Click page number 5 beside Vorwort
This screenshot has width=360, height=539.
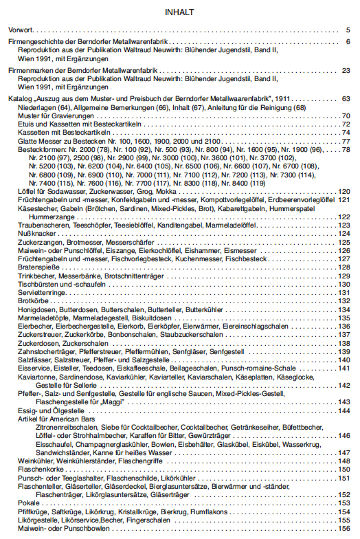tap(348, 30)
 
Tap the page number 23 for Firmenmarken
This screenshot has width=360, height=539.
tap(346, 71)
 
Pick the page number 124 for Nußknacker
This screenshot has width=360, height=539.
tap(344, 234)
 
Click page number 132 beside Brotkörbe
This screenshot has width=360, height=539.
tap(344, 300)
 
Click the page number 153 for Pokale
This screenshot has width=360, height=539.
tap(344, 503)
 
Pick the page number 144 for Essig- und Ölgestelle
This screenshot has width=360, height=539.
tap(344, 410)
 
